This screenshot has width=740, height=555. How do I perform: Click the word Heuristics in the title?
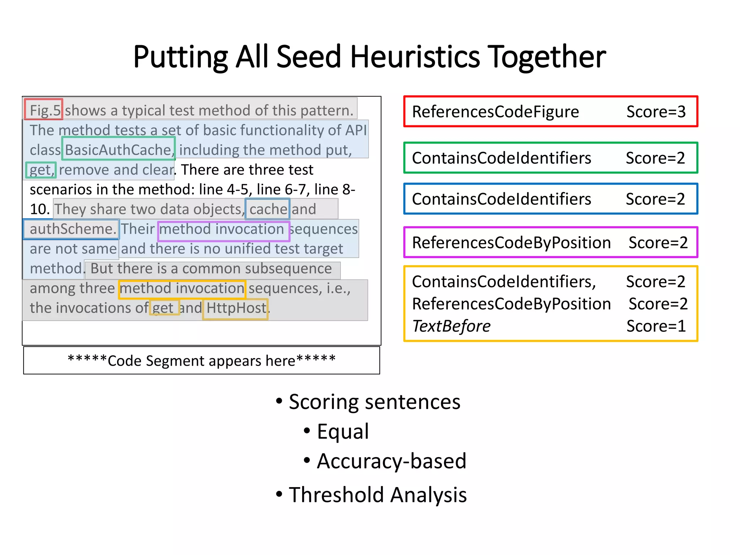[415, 57]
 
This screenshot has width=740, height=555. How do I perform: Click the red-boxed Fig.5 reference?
[44, 110]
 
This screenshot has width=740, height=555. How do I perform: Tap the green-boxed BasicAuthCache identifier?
[118, 149]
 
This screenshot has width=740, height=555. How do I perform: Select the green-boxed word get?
[41, 169]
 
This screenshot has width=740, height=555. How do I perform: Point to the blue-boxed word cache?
[267, 209]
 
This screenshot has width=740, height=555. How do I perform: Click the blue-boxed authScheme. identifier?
[72, 229]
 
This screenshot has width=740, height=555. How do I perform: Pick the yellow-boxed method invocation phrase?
[182, 288]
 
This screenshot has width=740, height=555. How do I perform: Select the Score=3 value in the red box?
[655, 112]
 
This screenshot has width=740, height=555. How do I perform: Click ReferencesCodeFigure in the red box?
[495, 112]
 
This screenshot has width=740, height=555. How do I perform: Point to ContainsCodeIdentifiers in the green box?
[501, 158]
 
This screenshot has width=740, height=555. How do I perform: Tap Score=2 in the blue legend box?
[655, 199]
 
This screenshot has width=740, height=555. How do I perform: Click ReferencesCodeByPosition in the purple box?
[511, 242]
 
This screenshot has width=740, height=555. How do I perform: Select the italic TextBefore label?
[451, 326]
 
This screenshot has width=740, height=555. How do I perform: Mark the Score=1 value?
[655, 326]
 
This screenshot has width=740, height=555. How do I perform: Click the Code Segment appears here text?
[202, 361]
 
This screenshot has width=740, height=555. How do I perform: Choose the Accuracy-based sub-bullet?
[391, 461]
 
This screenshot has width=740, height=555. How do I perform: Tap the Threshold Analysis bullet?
[377, 495]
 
